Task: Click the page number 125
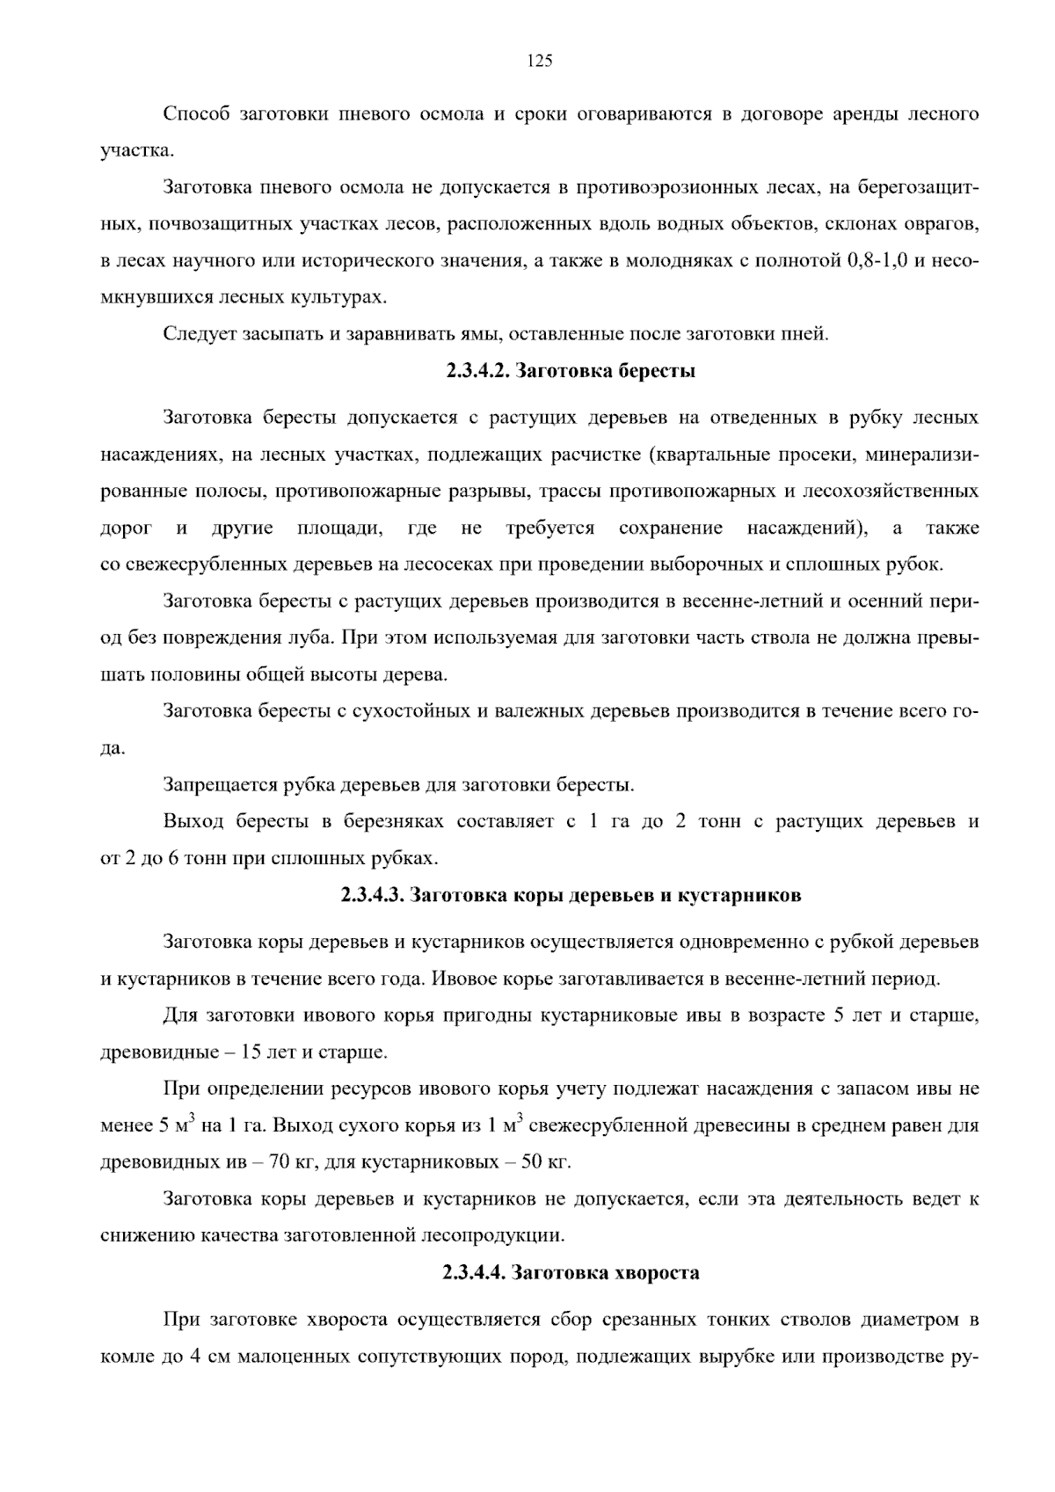pyautogui.click(x=539, y=61)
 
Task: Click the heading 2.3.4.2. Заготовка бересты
pyautogui.click(x=571, y=371)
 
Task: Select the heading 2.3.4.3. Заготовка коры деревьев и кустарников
pyautogui.click(x=571, y=896)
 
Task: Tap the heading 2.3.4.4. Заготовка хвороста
pyautogui.click(x=571, y=1272)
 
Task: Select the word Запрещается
pyautogui.click(x=216, y=784)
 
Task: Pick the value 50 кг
pyautogui.click(x=546, y=1162)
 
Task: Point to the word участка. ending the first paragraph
pyautogui.click(x=136, y=151)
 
